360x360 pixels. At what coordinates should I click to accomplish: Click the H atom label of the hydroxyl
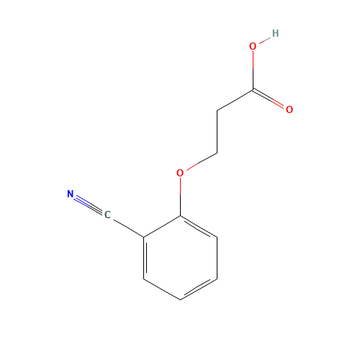coord(275,33)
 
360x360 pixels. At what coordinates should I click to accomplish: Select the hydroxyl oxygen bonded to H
coord(253,46)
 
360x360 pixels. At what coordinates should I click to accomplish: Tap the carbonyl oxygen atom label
coord(289,109)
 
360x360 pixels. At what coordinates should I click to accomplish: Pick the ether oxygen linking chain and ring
coord(180,173)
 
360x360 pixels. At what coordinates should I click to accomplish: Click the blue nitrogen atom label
coord(70,194)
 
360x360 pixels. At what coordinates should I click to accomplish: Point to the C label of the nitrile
coord(107,215)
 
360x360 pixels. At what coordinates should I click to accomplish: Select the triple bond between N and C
coord(89,204)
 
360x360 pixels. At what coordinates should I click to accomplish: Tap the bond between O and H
coord(264,40)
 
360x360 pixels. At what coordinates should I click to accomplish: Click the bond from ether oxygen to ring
coord(180,194)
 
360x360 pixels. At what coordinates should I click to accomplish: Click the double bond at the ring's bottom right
coord(198,288)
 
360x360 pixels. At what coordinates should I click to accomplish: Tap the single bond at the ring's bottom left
coord(162,288)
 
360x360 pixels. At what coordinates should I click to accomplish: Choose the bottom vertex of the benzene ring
coord(180,299)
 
